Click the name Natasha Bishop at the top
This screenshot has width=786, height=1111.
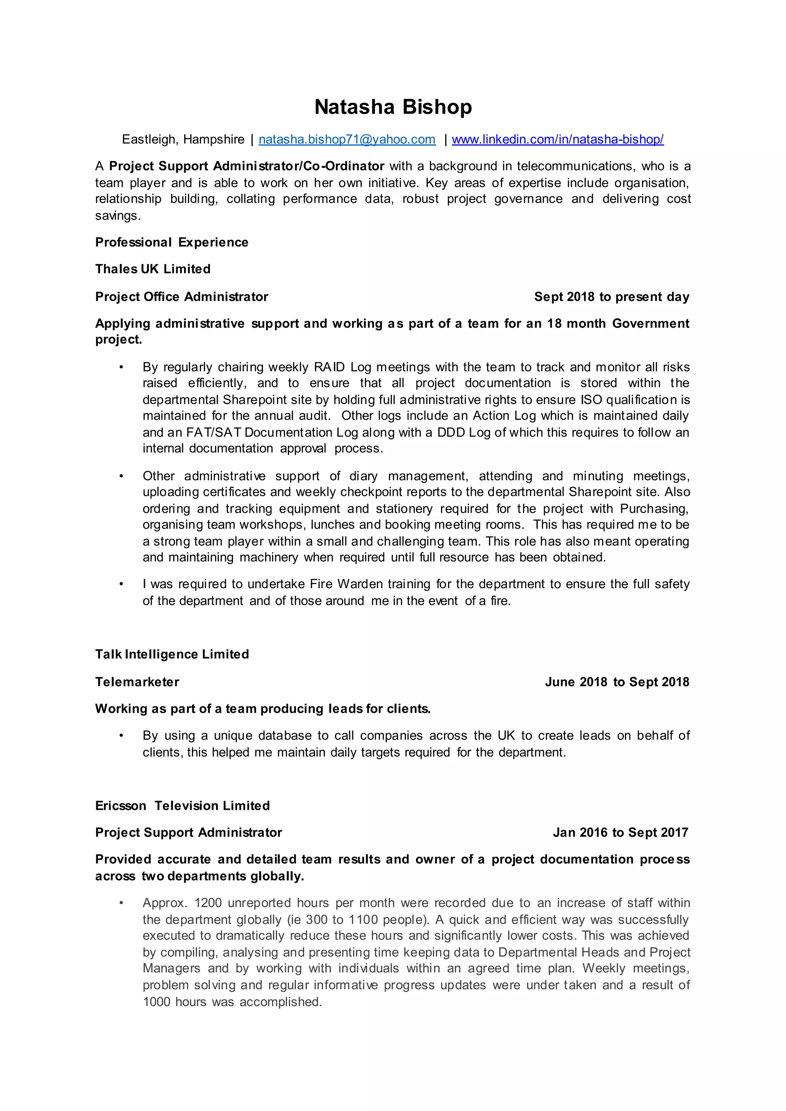(x=393, y=107)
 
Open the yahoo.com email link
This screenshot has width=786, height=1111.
(x=347, y=139)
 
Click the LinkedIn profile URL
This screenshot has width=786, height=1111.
(x=558, y=139)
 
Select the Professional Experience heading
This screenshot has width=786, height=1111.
(x=172, y=242)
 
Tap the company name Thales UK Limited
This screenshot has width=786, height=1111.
(x=153, y=269)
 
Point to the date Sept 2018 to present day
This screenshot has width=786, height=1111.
(x=611, y=297)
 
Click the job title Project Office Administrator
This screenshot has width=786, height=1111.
(x=182, y=297)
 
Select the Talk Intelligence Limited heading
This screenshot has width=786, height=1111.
(x=172, y=654)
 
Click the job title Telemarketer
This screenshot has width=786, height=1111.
(x=137, y=682)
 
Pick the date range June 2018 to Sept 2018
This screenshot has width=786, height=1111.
(x=617, y=682)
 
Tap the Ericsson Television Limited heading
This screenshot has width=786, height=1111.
(x=182, y=806)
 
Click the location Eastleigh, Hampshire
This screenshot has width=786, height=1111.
(x=183, y=139)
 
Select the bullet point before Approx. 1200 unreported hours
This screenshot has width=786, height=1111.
(x=122, y=903)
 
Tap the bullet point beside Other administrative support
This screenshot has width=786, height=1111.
(x=122, y=476)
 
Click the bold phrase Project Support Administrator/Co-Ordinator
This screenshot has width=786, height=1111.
(x=246, y=166)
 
